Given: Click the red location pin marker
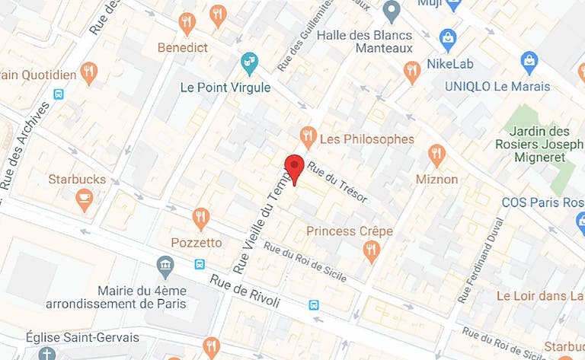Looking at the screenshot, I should pyautogui.click(x=294, y=167).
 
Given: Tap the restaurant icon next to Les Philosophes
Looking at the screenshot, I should pyautogui.click(x=308, y=137).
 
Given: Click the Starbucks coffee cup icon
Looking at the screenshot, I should pyautogui.click(x=85, y=200).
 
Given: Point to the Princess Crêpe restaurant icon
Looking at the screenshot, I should pyautogui.click(x=372, y=251).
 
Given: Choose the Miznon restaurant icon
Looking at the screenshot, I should pyautogui.click(x=437, y=156).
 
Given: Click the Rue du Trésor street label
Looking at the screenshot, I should pyautogui.click(x=339, y=185).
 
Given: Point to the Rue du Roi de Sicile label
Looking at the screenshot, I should pyautogui.click(x=305, y=261).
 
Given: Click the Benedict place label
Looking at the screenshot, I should pyautogui.click(x=182, y=47).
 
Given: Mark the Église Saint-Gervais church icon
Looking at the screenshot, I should pyautogui.click(x=47, y=354).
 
